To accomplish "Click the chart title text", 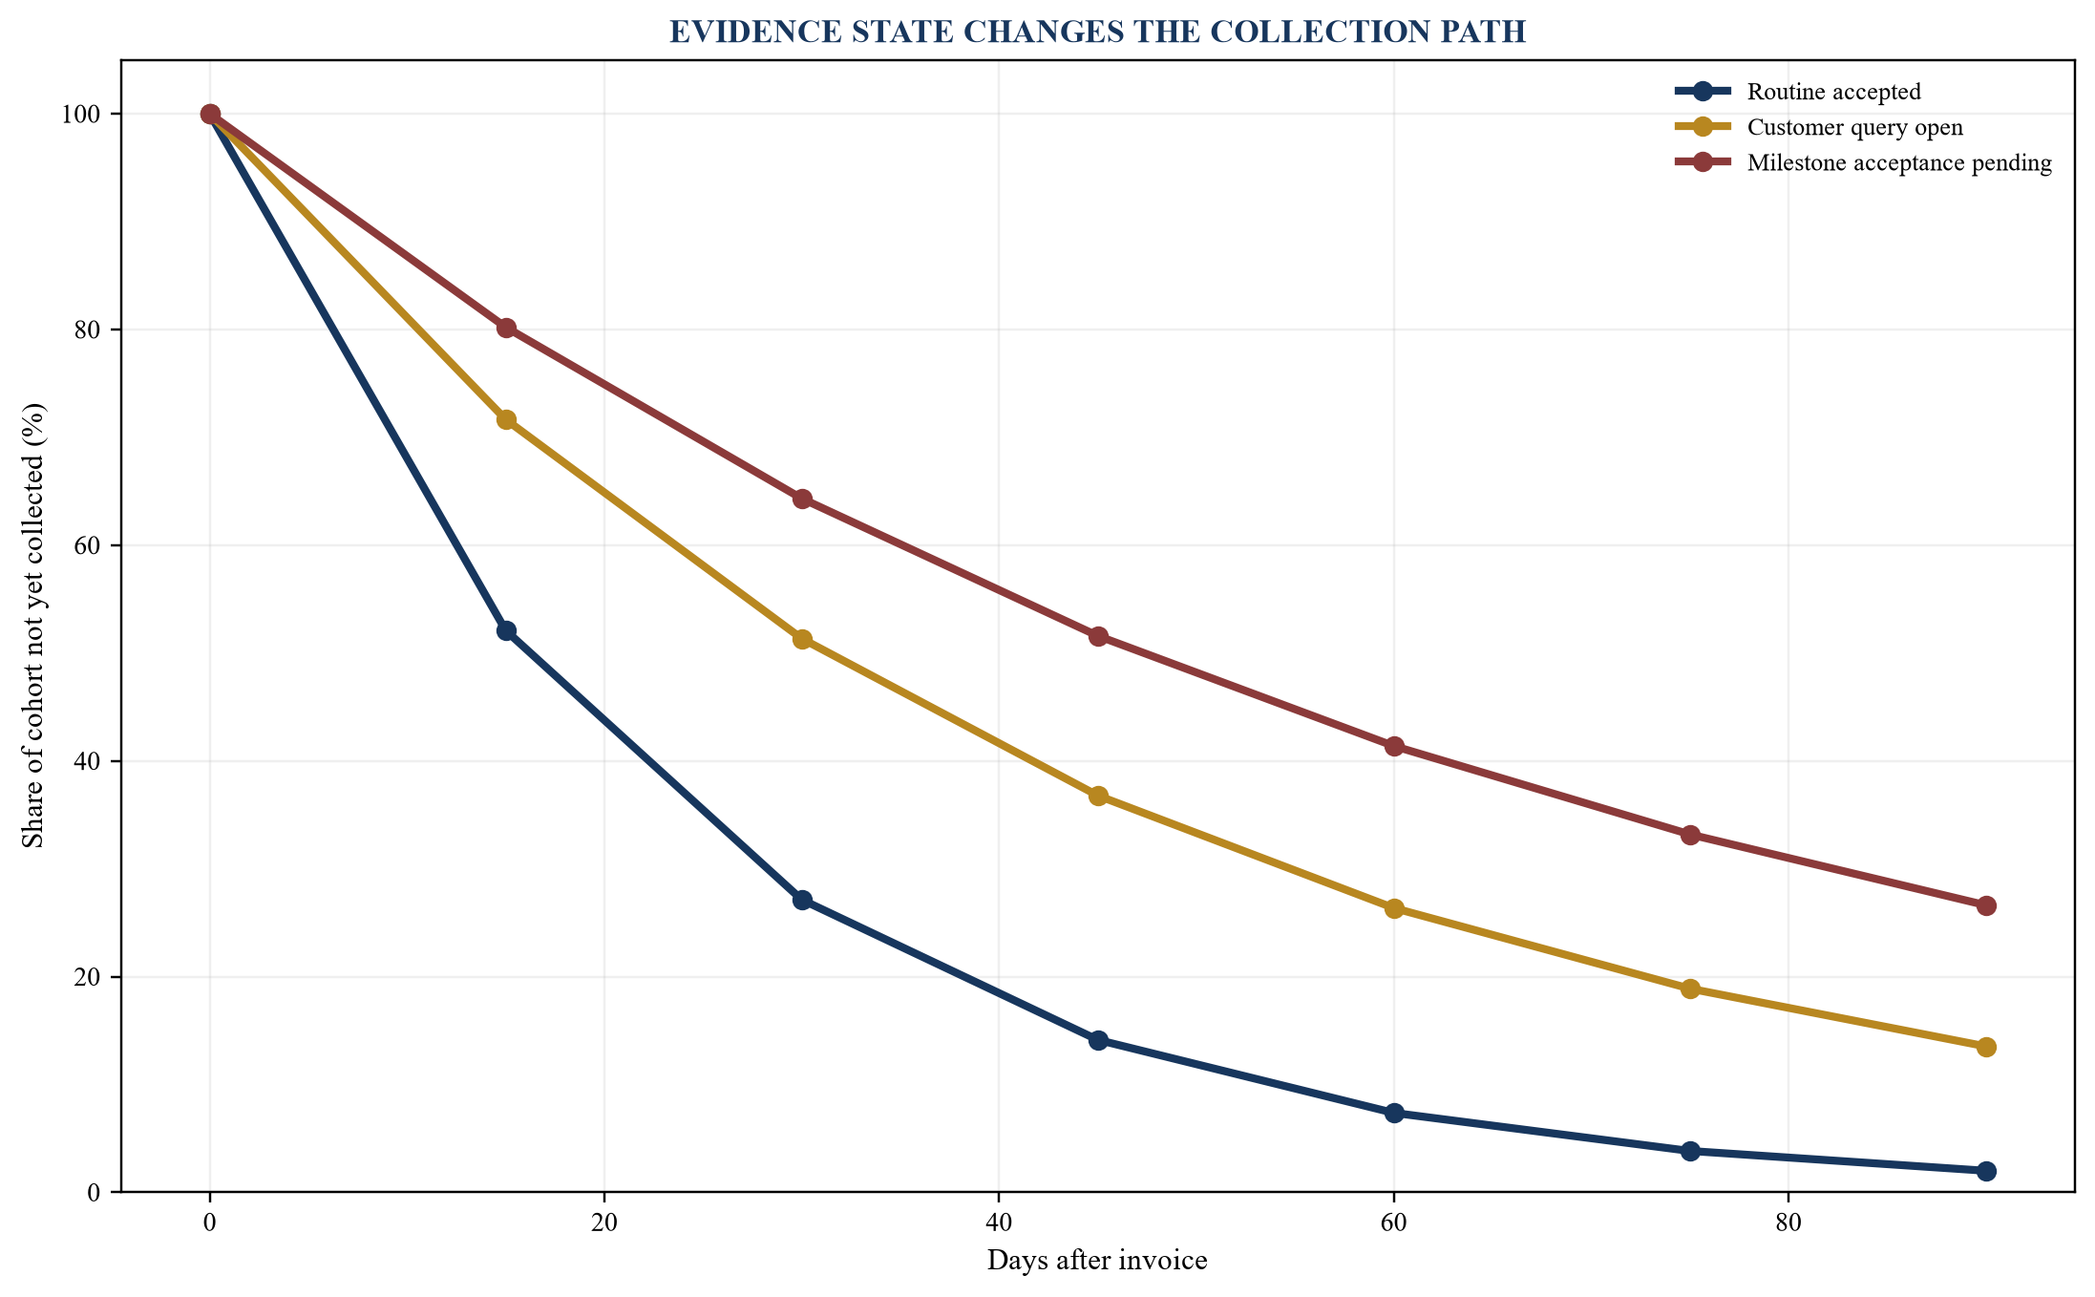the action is (1097, 32).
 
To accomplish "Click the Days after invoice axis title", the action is (1097, 1261).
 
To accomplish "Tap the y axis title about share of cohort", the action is (33, 626).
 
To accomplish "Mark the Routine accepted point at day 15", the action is (506, 631).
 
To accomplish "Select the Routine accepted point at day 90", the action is (1986, 1171).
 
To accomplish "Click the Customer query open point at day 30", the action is (802, 639).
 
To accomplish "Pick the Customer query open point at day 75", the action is (1690, 989).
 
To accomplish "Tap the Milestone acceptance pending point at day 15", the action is (506, 329).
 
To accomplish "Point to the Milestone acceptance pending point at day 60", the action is (1394, 747).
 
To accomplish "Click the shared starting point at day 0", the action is (210, 115).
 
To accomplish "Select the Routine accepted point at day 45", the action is (1098, 1040).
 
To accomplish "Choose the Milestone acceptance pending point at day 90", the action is (1986, 905).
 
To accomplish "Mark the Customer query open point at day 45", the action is (1098, 797).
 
